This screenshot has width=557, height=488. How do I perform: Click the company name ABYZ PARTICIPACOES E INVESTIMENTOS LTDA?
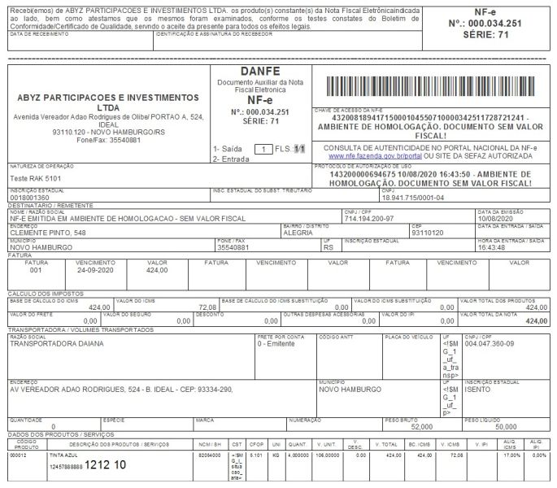108,102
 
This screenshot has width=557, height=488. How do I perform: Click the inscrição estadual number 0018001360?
29,198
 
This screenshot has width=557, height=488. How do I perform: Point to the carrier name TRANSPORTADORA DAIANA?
56,343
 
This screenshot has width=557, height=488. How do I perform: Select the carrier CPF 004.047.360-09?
490,343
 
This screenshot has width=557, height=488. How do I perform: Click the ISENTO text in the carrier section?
477,390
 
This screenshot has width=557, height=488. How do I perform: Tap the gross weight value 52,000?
421,426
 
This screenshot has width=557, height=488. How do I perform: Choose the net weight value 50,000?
505,426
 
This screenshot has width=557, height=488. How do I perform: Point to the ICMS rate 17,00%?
511,455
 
